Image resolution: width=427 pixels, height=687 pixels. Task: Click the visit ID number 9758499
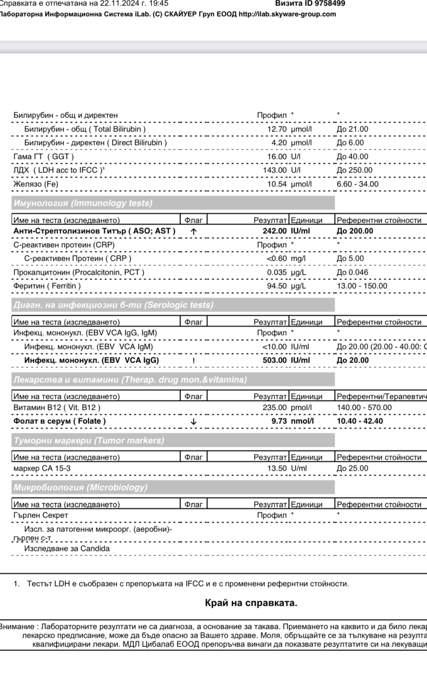[330, 4]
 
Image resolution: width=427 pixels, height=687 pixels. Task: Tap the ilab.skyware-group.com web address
[287, 14]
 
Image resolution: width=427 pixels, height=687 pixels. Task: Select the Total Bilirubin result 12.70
[277, 129]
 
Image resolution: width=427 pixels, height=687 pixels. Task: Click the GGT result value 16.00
[277, 157]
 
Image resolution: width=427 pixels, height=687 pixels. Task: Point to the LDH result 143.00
[275, 170]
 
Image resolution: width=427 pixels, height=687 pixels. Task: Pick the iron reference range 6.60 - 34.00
[358, 184]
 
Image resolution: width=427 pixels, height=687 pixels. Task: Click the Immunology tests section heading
[83, 203]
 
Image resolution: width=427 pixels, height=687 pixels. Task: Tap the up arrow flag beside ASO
[194, 231]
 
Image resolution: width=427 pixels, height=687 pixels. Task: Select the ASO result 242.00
[275, 231]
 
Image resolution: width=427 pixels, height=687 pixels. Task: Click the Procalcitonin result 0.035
[277, 273]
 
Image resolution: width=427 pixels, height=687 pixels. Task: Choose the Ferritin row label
[47, 286]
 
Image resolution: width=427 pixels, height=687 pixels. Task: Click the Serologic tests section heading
[113, 305]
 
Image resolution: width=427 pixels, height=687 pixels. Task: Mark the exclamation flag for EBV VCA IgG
[194, 361]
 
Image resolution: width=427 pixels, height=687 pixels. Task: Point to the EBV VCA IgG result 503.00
[275, 360]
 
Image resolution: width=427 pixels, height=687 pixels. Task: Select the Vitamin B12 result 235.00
[275, 408]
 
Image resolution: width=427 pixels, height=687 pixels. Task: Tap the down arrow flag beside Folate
[194, 422]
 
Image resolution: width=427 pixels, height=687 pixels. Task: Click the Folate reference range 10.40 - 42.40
[360, 421]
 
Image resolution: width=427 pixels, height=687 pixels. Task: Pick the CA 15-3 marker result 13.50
[277, 469]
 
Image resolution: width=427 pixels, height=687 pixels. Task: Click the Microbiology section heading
[81, 488]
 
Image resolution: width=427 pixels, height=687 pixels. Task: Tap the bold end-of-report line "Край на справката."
[251, 603]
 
